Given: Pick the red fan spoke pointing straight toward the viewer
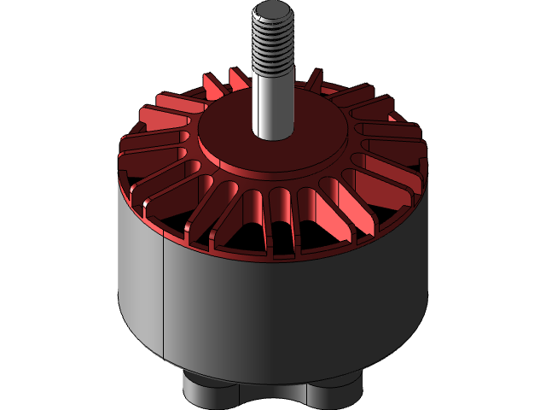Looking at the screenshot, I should click(282, 218).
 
